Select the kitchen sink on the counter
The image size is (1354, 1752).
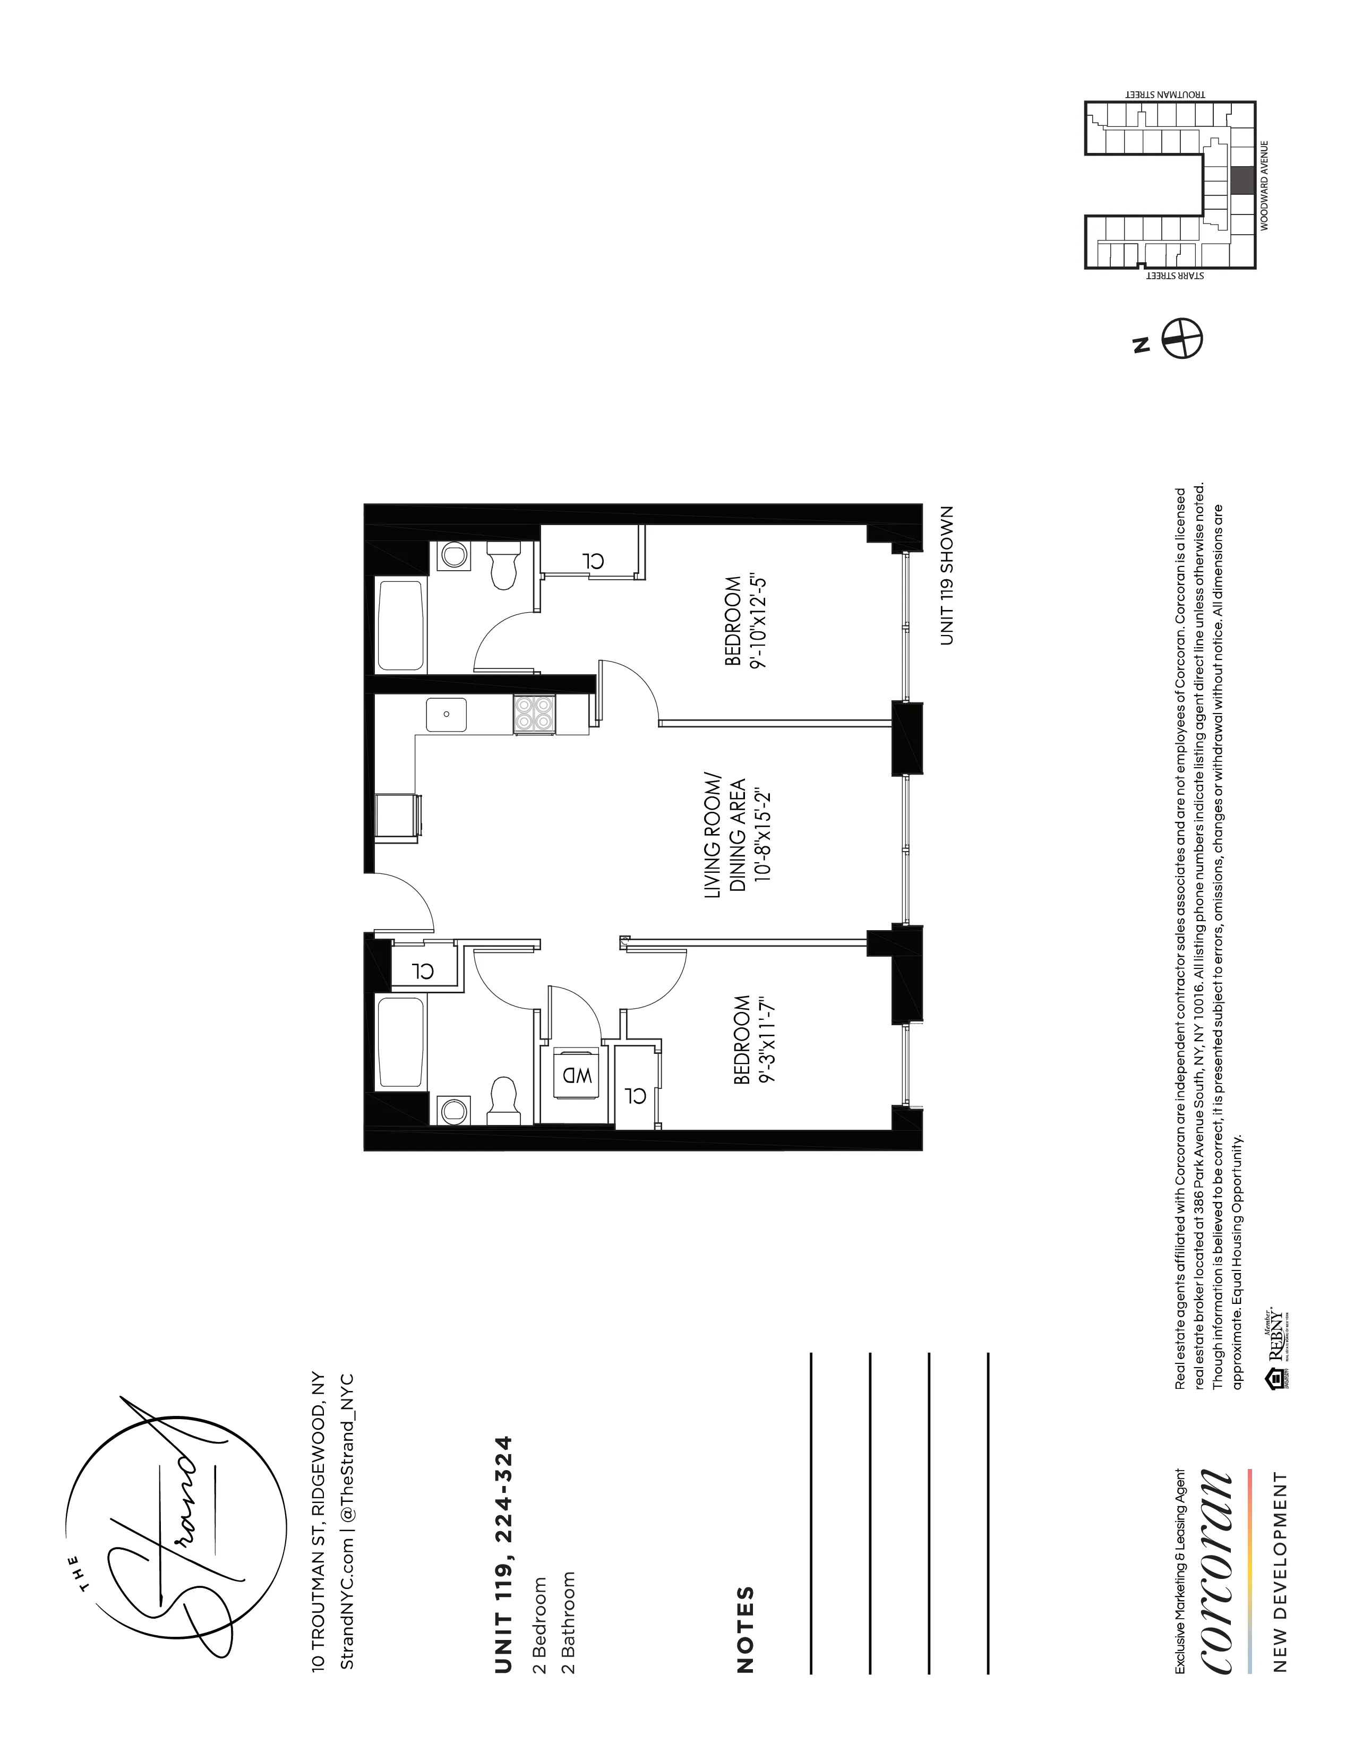(x=446, y=715)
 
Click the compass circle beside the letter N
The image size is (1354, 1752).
(x=1182, y=338)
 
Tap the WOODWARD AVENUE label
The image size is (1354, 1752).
(x=1264, y=186)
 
